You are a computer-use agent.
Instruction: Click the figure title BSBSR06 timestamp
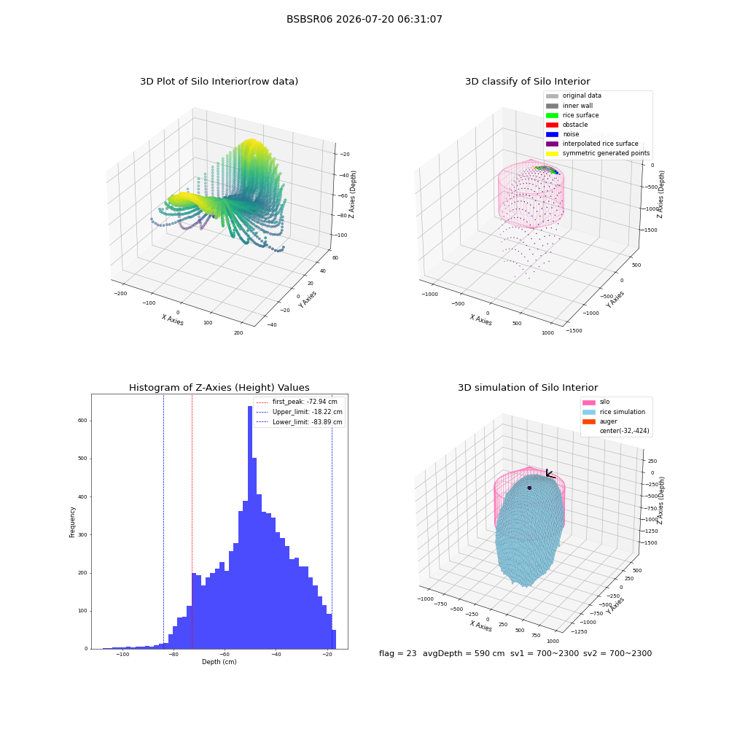(x=364, y=19)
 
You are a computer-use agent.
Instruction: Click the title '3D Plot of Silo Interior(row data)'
(x=219, y=82)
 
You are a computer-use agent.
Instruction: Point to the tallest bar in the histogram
(x=249, y=527)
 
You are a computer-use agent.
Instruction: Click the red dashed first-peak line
(x=192, y=521)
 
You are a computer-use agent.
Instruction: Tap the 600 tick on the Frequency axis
(x=83, y=421)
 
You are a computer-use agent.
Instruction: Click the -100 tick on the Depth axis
(x=122, y=655)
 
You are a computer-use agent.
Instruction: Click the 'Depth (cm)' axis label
(x=219, y=662)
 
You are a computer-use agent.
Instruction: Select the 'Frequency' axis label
(x=72, y=522)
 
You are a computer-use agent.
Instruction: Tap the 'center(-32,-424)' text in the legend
(x=625, y=431)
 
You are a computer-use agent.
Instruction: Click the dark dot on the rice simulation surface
(x=529, y=488)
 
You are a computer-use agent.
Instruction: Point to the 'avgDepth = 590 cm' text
(x=464, y=653)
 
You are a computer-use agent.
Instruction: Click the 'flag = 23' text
(x=397, y=653)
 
